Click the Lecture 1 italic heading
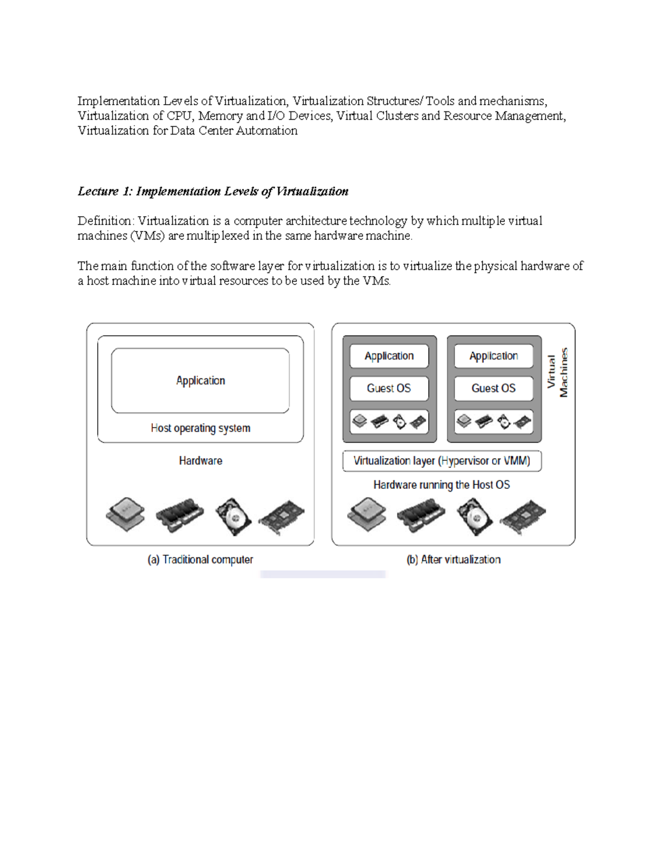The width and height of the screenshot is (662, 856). click(213, 191)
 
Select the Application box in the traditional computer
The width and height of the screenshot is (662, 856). click(200, 380)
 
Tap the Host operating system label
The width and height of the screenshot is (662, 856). click(200, 428)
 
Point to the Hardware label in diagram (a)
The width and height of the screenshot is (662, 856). click(200, 461)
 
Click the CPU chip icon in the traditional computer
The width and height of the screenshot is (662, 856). click(126, 514)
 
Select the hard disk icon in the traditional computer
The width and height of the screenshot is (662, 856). click(233, 516)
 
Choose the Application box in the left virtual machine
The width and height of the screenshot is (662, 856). click(389, 356)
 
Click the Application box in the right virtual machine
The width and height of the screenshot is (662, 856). click(494, 356)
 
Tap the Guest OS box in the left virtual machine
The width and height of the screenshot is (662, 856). click(389, 389)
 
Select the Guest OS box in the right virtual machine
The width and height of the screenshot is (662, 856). click(494, 389)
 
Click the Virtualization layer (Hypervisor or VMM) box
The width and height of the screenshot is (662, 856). click(442, 461)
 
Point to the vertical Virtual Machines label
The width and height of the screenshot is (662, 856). click(557, 373)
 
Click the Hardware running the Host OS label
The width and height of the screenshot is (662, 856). click(441, 485)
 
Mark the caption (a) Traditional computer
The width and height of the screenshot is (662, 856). click(200, 559)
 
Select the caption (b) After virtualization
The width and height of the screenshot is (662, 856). click(453, 559)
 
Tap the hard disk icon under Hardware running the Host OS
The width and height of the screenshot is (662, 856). click(474, 516)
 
